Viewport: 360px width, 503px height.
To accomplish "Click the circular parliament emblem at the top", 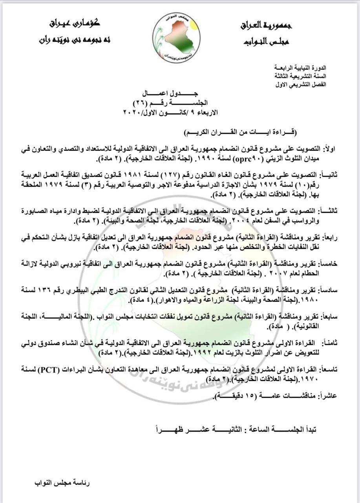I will pyautogui.click(x=176, y=34).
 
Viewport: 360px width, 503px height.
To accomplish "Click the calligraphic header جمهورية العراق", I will pyautogui.click(x=266, y=26).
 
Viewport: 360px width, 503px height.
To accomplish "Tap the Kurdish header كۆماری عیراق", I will pyautogui.click(x=75, y=23).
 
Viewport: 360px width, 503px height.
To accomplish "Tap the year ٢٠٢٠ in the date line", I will pyautogui.click(x=135, y=112).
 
